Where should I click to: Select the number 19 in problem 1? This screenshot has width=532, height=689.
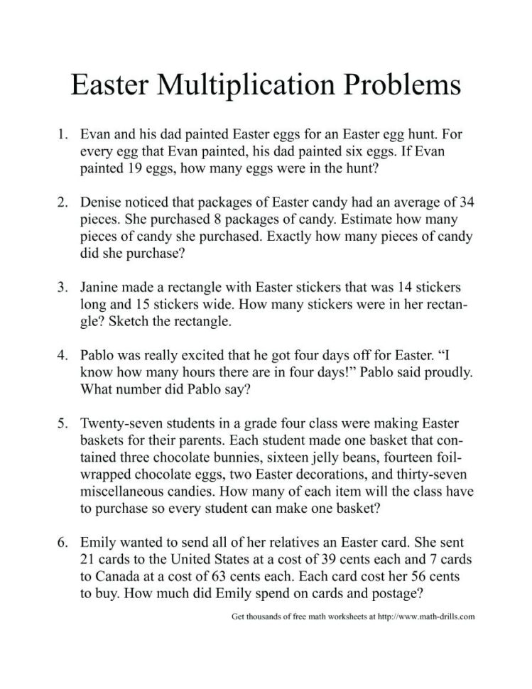[129, 170]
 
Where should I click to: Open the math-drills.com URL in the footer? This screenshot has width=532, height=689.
[427, 616]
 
